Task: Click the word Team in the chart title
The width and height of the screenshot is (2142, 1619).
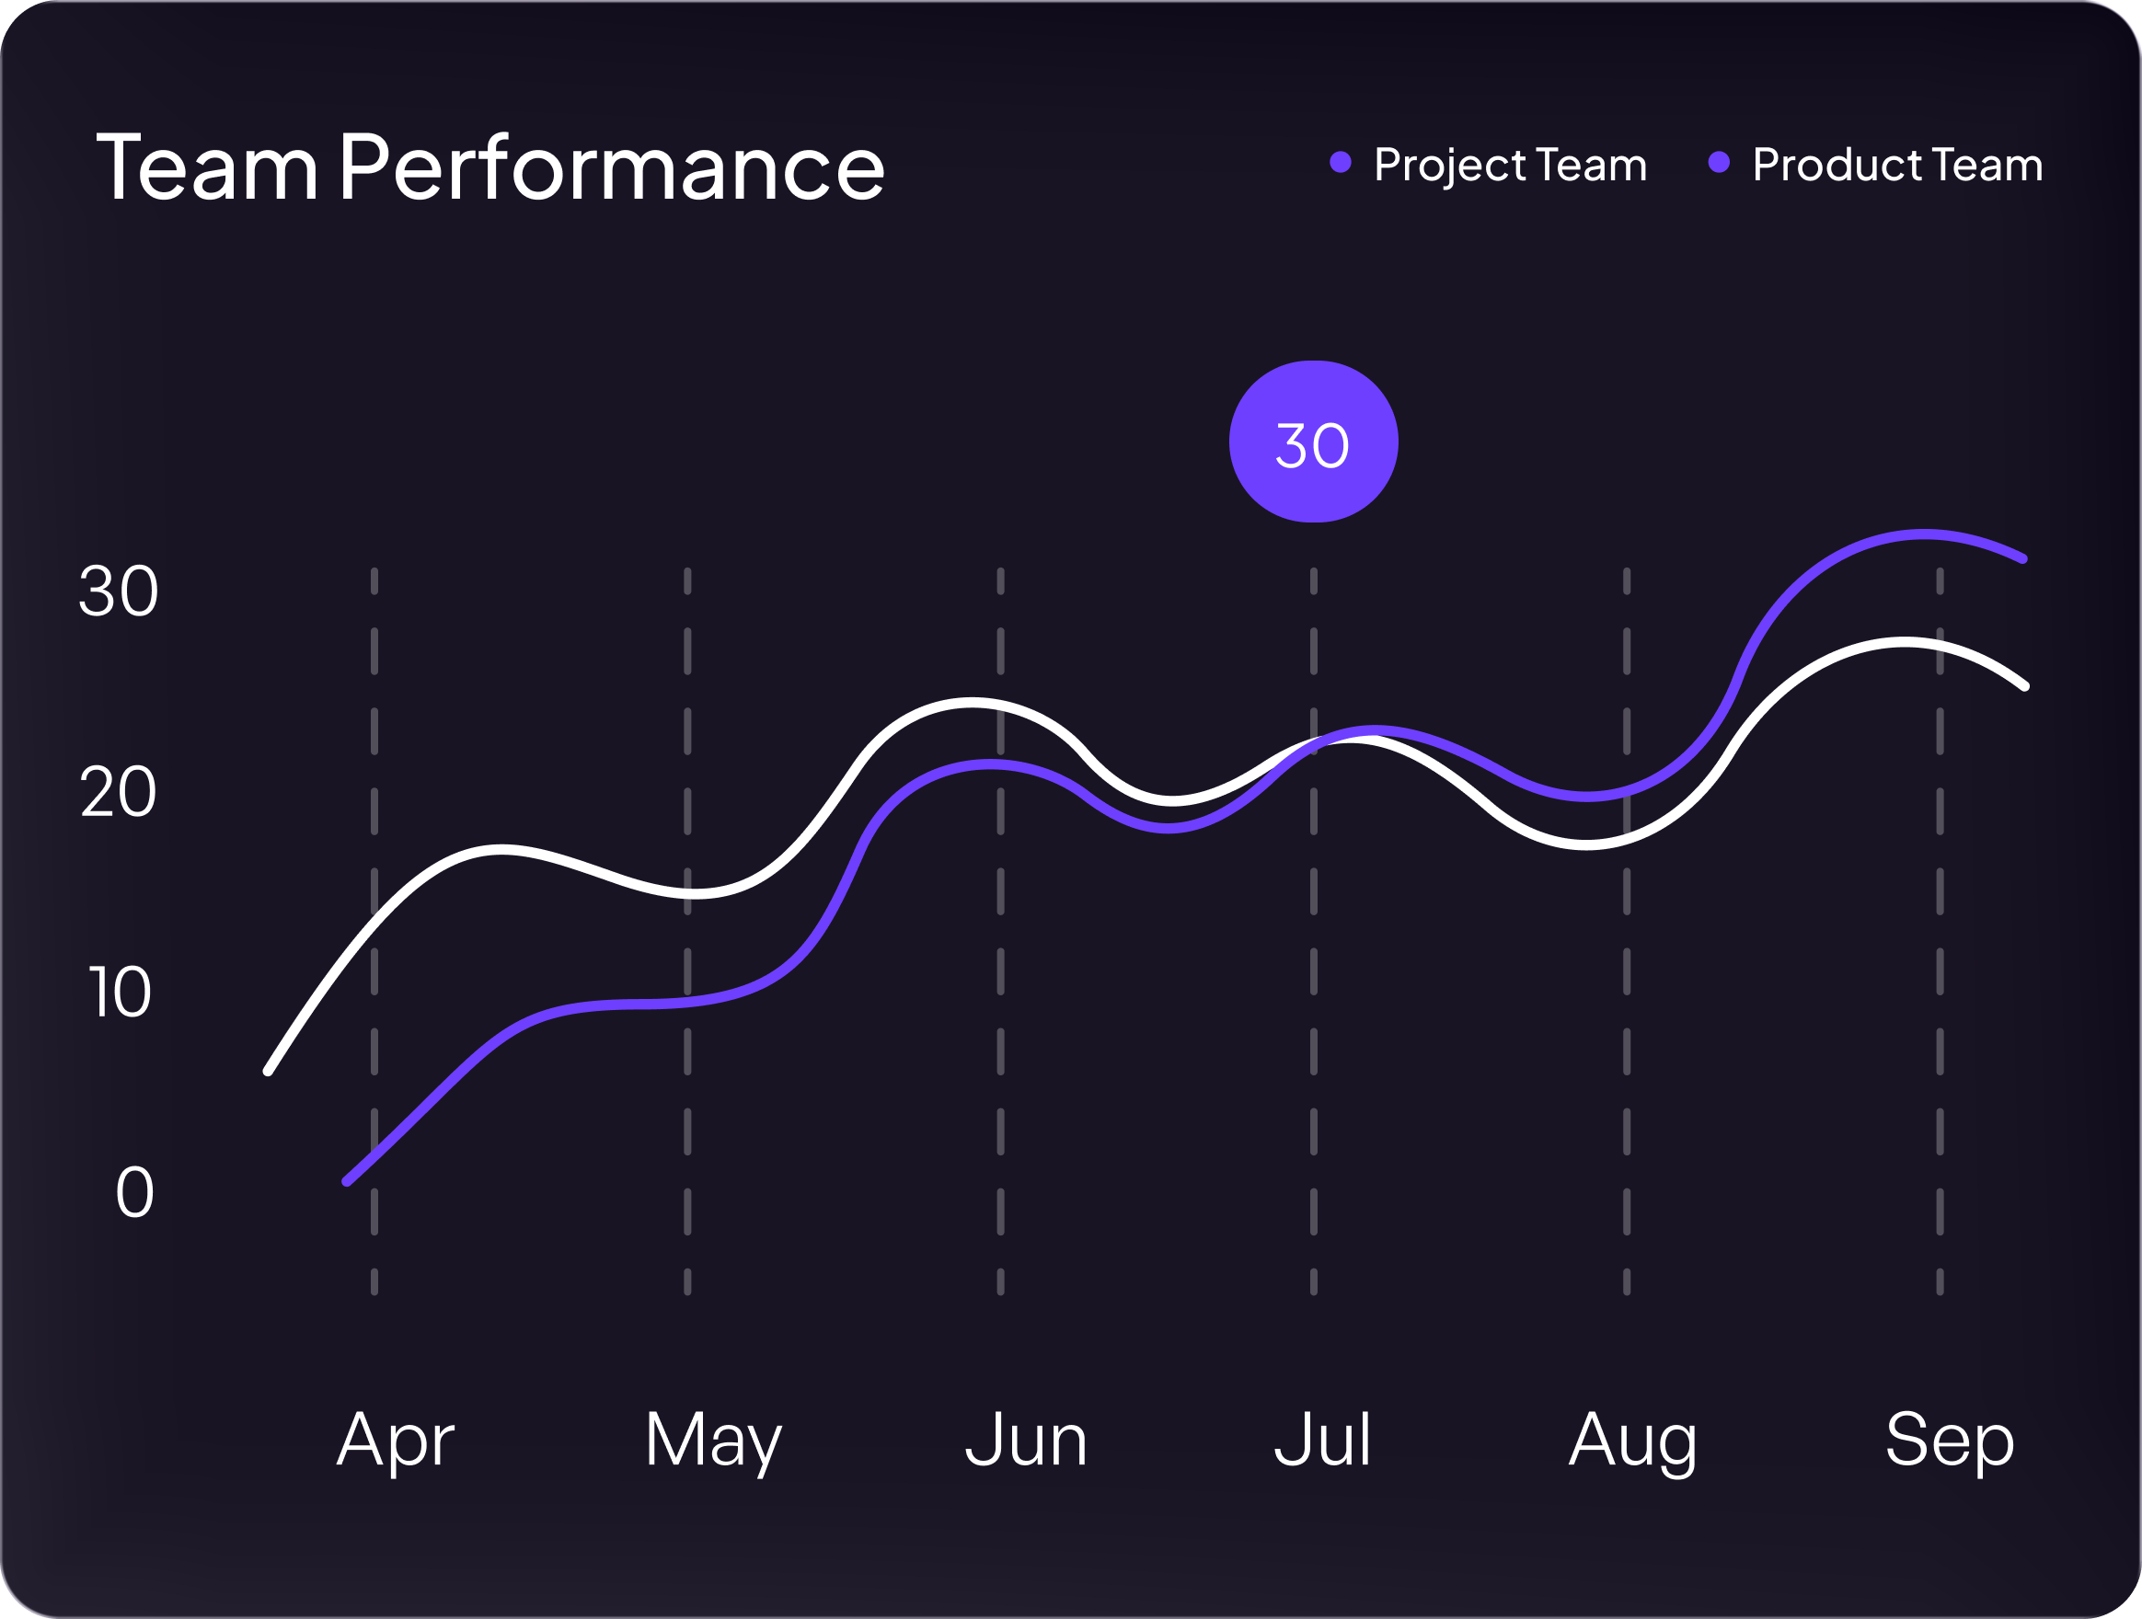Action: [207, 168]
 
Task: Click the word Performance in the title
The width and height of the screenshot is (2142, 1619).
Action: [612, 168]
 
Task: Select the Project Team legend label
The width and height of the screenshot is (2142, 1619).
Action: [1510, 165]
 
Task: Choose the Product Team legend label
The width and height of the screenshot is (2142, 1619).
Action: [1897, 165]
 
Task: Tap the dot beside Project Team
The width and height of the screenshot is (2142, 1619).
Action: [1341, 163]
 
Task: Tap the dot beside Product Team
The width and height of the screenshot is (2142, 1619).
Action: [1719, 163]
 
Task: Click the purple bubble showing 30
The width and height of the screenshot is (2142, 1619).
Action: [1313, 442]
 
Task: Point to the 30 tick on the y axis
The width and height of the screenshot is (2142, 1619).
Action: [118, 591]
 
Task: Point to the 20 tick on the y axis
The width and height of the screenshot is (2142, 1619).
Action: [118, 793]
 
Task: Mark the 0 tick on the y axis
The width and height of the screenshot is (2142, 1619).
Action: [134, 1193]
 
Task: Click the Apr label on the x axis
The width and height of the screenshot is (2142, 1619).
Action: [395, 1441]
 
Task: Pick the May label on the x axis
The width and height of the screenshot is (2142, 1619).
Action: [713, 1441]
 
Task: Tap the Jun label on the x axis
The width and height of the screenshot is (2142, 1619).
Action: [1027, 1441]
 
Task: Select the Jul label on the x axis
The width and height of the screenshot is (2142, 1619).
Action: [1322, 1441]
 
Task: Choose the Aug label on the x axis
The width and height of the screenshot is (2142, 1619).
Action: [1632, 1441]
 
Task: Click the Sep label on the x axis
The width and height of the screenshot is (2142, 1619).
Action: [1950, 1441]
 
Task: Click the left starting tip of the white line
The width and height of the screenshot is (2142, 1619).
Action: [270, 1071]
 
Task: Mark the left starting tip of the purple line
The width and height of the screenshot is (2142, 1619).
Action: [347, 1181]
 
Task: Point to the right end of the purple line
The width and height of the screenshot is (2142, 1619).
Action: [2023, 558]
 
